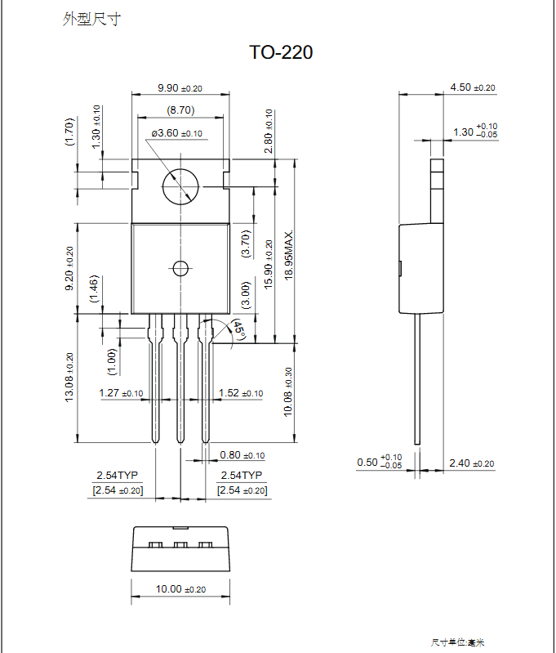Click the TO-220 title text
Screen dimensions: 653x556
pos(280,53)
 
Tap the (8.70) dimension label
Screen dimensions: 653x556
pos(180,110)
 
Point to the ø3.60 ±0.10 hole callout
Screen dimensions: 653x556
pos(176,132)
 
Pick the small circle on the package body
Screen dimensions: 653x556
pos(180,267)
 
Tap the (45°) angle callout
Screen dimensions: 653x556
pos(238,330)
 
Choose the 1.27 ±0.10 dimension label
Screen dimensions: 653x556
pos(121,393)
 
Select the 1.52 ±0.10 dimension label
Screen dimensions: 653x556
pos(241,393)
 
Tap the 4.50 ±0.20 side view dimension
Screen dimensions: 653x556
pos(472,87)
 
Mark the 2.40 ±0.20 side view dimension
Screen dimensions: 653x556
pos(472,463)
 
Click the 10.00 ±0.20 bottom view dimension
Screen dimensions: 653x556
pos(180,588)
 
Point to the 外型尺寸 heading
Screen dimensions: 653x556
pos(91,19)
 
